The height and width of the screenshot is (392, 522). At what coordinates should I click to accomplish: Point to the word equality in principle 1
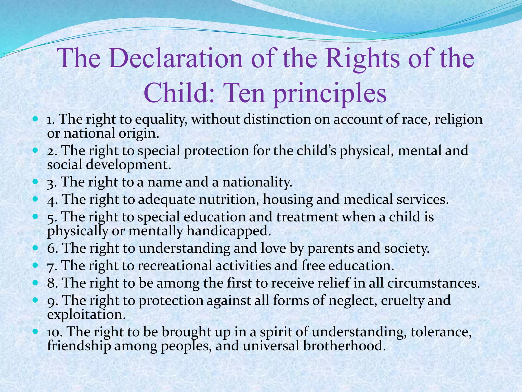coord(162,120)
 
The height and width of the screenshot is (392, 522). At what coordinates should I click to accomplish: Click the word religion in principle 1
coord(459,120)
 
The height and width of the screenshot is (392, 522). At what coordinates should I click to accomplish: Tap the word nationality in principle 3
coord(257,182)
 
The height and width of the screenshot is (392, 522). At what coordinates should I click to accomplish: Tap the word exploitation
coord(87,314)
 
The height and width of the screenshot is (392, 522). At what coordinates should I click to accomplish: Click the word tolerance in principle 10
coord(441,332)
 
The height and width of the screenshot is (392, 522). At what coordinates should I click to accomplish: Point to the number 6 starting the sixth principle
coord(52,248)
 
